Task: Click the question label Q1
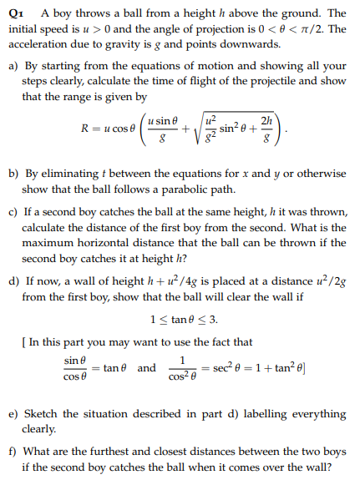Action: (14, 14)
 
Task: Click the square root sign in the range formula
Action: (199, 131)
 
